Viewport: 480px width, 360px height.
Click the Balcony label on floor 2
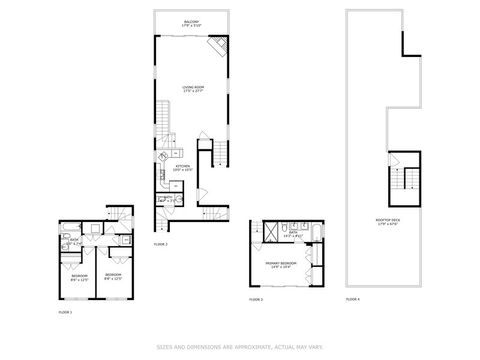(x=190, y=22)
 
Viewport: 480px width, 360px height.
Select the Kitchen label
(x=181, y=169)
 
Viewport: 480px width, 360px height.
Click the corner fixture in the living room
(x=216, y=47)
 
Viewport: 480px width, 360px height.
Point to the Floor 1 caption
(x=65, y=313)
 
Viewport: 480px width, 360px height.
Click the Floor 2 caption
(x=160, y=244)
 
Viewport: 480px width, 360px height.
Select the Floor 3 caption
(x=255, y=299)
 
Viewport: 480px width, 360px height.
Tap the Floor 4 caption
(x=352, y=299)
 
